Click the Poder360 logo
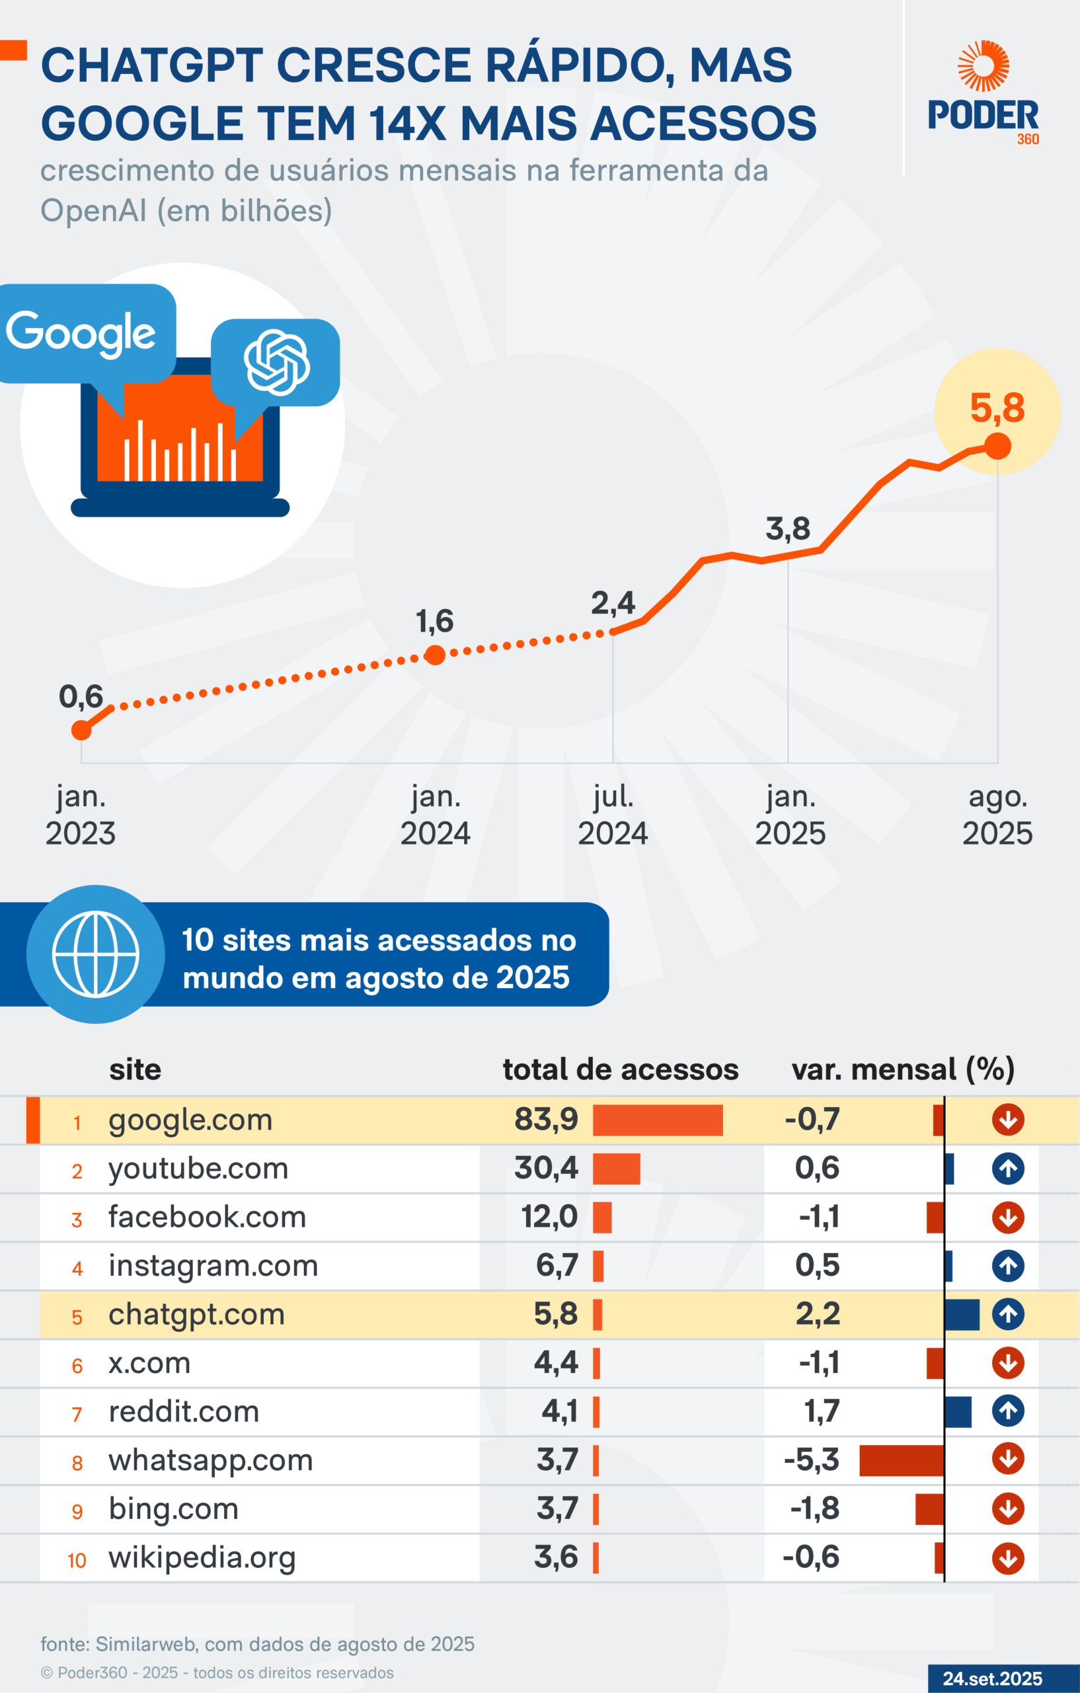pos(983,93)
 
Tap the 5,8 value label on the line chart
pos(997,409)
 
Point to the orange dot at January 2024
pos(435,655)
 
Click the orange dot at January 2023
pos(81,730)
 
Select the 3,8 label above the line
pos(788,528)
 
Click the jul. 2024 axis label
pos(613,815)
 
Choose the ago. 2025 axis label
pos(997,815)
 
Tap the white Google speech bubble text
pos(81,332)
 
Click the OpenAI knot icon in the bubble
pos(277,362)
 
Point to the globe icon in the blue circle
pos(96,954)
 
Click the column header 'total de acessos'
pos(621,1069)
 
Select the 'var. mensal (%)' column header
pos(903,1069)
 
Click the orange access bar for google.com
pos(658,1120)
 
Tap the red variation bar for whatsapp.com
pos(902,1460)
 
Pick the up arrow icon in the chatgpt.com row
pos(1007,1314)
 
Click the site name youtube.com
pos(198,1169)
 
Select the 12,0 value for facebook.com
pos(549,1216)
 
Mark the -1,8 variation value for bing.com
pos(815,1508)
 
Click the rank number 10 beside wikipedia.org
pos(77,1561)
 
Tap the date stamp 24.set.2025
pos(992,1678)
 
